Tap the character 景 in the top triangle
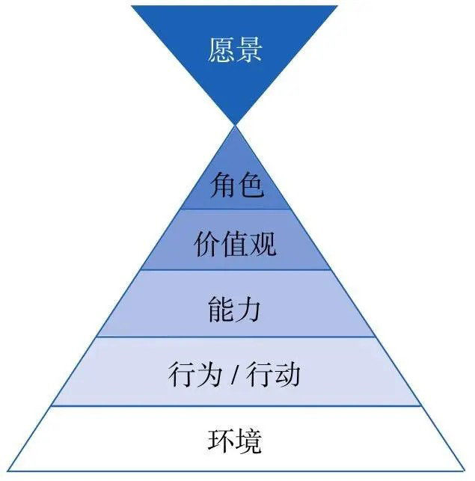tap(249, 51)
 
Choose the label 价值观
tap(235, 245)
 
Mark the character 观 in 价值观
tap(263, 245)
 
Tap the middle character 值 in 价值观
tap(235, 245)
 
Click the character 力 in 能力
tap(249, 307)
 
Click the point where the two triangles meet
tap(235, 125)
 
